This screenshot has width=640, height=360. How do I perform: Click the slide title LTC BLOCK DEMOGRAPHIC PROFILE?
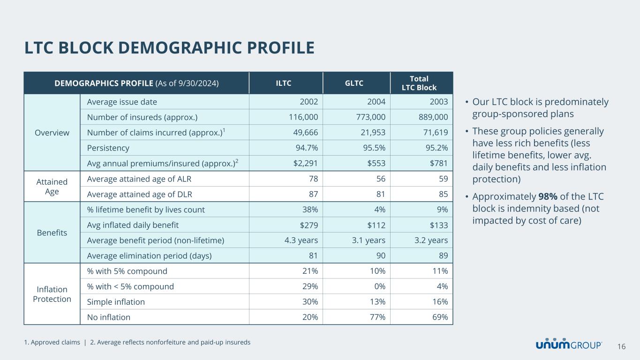(x=169, y=48)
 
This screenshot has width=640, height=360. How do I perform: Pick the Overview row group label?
(x=52, y=133)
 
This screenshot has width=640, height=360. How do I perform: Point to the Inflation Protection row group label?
(x=52, y=294)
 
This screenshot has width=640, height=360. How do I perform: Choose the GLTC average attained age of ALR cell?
(x=380, y=179)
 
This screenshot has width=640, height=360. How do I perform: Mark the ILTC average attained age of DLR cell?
(x=313, y=194)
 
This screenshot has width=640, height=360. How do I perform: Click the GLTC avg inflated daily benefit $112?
(x=375, y=225)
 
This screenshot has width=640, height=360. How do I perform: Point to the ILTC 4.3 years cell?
(x=298, y=240)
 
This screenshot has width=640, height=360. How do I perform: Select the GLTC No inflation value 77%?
(x=378, y=317)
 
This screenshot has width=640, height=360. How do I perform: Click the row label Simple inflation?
(x=116, y=302)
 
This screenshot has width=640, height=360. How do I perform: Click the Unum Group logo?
(x=569, y=345)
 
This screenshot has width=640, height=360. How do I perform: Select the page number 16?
(x=622, y=346)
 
